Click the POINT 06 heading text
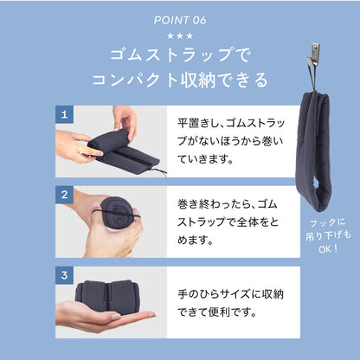(180, 20)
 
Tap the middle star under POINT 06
(180, 36)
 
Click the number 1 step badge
(64, 114)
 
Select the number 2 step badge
(64, 195)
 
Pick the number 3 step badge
(64, 275)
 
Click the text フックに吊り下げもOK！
(328, 235)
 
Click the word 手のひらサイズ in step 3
(214, 294)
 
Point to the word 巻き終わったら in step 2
(213, 204)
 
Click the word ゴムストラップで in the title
(180, 55)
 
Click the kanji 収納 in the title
(197, 80)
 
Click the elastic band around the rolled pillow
(117, 214)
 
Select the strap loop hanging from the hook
(312, 75)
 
